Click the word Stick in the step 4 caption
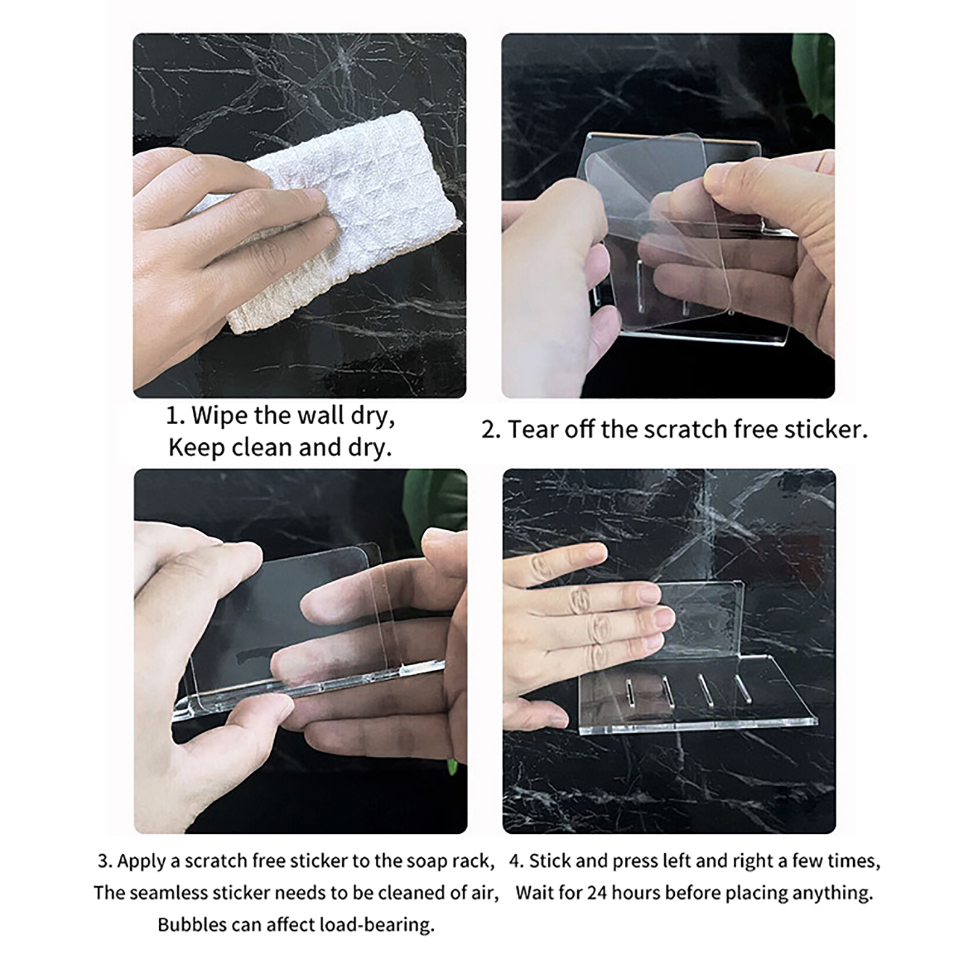[x=550, y=861]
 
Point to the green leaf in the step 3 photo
[x=436, y=500]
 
